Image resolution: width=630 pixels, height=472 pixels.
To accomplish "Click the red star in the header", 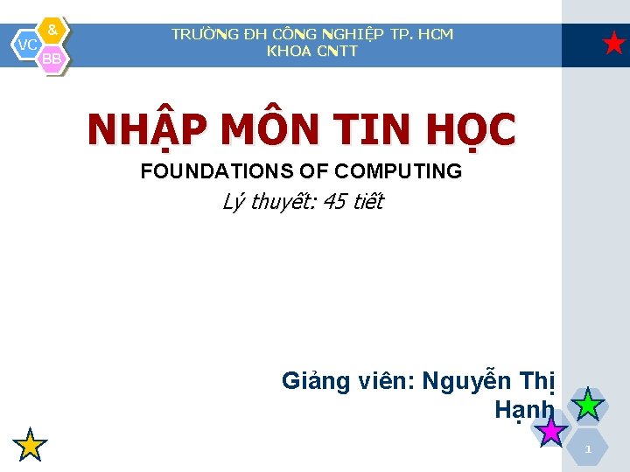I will (x=615, y=43).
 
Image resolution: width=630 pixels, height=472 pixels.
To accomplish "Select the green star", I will (x=589, y=405).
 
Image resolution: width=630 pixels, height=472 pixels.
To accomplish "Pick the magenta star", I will (x=551, y=430).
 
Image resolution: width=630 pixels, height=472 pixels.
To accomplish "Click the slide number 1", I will (x=589, y=449).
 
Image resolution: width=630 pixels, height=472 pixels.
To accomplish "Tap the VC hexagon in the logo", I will (x=28, y=44).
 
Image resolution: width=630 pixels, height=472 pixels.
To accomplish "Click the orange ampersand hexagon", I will (x=52, y=31).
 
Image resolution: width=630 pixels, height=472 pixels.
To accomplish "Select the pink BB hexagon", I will (x=52, y=58).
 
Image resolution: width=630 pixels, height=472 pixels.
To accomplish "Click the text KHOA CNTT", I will (x=312, y=51).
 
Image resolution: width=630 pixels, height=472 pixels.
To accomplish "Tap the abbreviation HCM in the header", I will (x=435, y=34).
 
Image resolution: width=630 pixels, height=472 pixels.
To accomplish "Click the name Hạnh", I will (x=523, y=409).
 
